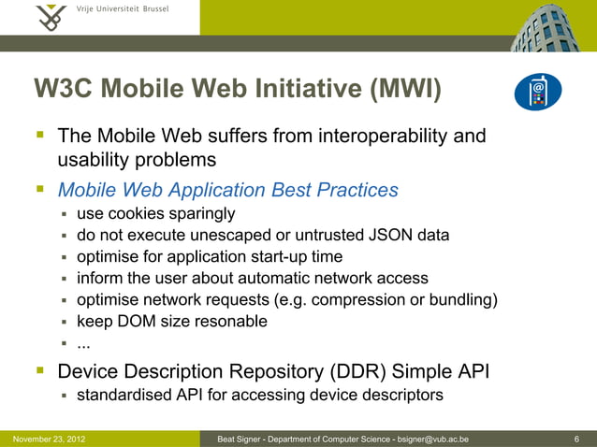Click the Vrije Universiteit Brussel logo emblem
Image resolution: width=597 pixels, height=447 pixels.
51,17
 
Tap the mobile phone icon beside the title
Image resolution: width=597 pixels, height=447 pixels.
538,92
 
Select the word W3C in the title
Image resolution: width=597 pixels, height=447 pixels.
64,90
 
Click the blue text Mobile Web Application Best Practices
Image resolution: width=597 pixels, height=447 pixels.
227,190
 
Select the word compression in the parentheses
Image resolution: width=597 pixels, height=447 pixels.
356,299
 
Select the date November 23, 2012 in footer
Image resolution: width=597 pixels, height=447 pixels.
43,439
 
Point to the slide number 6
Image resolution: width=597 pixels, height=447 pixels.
575,439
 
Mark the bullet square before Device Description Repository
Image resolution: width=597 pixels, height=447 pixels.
41,372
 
